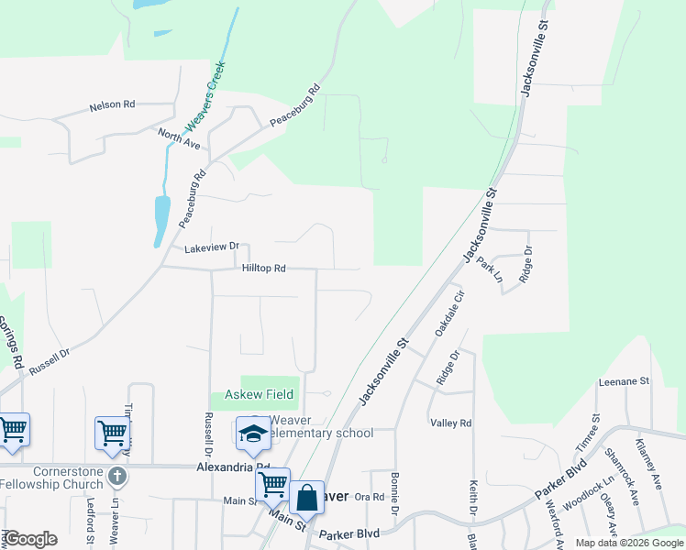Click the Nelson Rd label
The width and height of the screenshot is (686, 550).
112,105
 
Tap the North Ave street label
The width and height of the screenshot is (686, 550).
179,138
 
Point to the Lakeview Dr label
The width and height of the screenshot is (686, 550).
211,247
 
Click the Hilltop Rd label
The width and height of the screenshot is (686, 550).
264,269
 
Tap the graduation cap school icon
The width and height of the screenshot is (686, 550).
255,434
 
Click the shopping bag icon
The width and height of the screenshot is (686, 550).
306,498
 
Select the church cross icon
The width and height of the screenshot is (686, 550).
116,477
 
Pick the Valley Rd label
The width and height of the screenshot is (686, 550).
450,423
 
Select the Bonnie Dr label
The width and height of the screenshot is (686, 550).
395,492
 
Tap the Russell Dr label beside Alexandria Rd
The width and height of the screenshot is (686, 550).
208,435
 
